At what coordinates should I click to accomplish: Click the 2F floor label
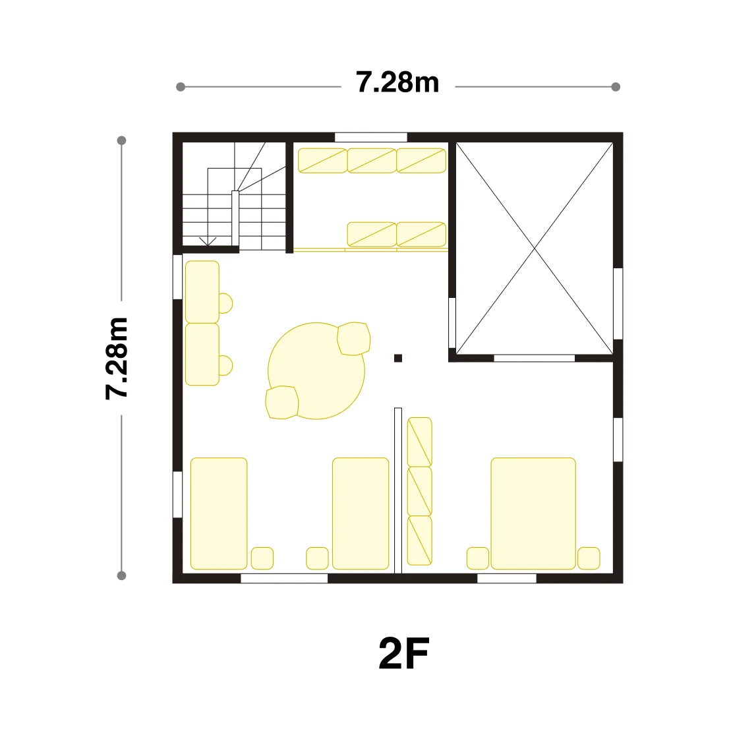[403, 653]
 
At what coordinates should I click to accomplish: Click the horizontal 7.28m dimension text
[397, 82]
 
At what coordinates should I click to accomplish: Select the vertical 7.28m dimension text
[116, 358]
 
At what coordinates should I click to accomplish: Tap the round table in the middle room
[316, 371]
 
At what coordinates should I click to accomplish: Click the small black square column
[398, 358]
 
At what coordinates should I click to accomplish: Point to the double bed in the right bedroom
[533, 513]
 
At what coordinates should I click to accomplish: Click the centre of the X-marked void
[534, 248]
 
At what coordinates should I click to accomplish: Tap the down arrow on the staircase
[208, 241]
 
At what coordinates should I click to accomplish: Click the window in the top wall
[371, 137]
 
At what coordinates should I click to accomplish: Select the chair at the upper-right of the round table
[354, 339]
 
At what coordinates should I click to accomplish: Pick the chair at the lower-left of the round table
[281, 402]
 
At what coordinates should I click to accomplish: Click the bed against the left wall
[219, 513]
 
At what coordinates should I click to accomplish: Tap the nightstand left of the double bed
[478, 558]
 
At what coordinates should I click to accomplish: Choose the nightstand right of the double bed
[589, 558]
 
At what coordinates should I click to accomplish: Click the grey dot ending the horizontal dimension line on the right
[616, 87]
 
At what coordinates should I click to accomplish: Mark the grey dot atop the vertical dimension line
[122, 140]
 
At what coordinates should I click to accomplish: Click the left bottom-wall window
[284, 578]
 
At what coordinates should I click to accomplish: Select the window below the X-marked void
[534, 358]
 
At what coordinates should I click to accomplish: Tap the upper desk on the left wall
[202, 292]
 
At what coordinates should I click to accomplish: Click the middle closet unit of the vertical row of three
[420, 491]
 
